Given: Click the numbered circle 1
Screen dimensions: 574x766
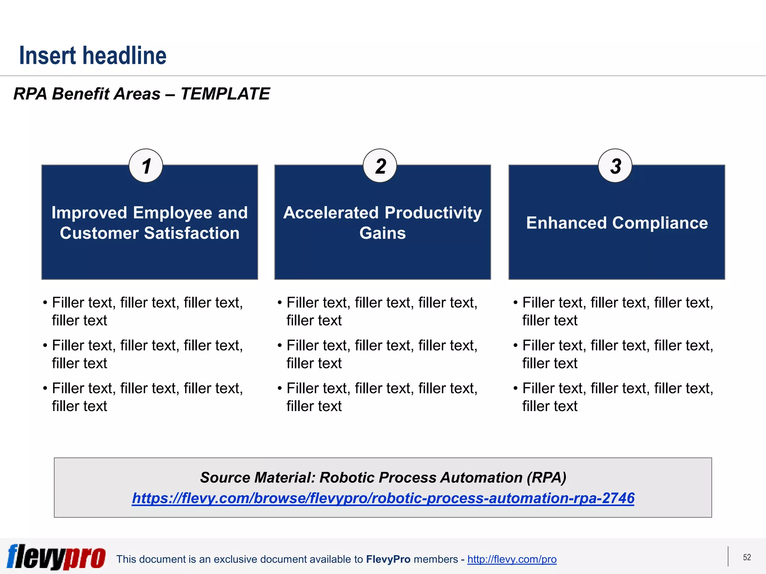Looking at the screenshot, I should click(146, 166).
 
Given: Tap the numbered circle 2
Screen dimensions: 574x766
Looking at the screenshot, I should click(380, 166).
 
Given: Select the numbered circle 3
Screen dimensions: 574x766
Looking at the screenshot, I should click(615, 166).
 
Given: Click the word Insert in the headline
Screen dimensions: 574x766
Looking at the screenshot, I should click(48, 56).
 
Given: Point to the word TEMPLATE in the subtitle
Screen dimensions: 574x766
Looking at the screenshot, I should click(225, 94).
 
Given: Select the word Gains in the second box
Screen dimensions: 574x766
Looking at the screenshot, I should click(382, 233).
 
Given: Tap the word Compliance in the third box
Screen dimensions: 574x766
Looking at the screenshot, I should click(660, 223).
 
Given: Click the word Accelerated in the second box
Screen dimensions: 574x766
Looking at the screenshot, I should click(331, 213).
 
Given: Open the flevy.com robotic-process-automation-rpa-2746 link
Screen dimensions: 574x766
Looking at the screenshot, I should click(383, 498).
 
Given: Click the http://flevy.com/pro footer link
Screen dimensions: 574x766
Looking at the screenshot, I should click(512, 559).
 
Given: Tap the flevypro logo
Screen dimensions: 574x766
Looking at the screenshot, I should click(56, 557).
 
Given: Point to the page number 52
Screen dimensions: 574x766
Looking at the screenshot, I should click(747, 557).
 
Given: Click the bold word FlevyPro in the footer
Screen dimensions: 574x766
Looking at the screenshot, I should click(388, 559).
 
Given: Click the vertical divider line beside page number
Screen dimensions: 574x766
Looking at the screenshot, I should click(728, 556).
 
